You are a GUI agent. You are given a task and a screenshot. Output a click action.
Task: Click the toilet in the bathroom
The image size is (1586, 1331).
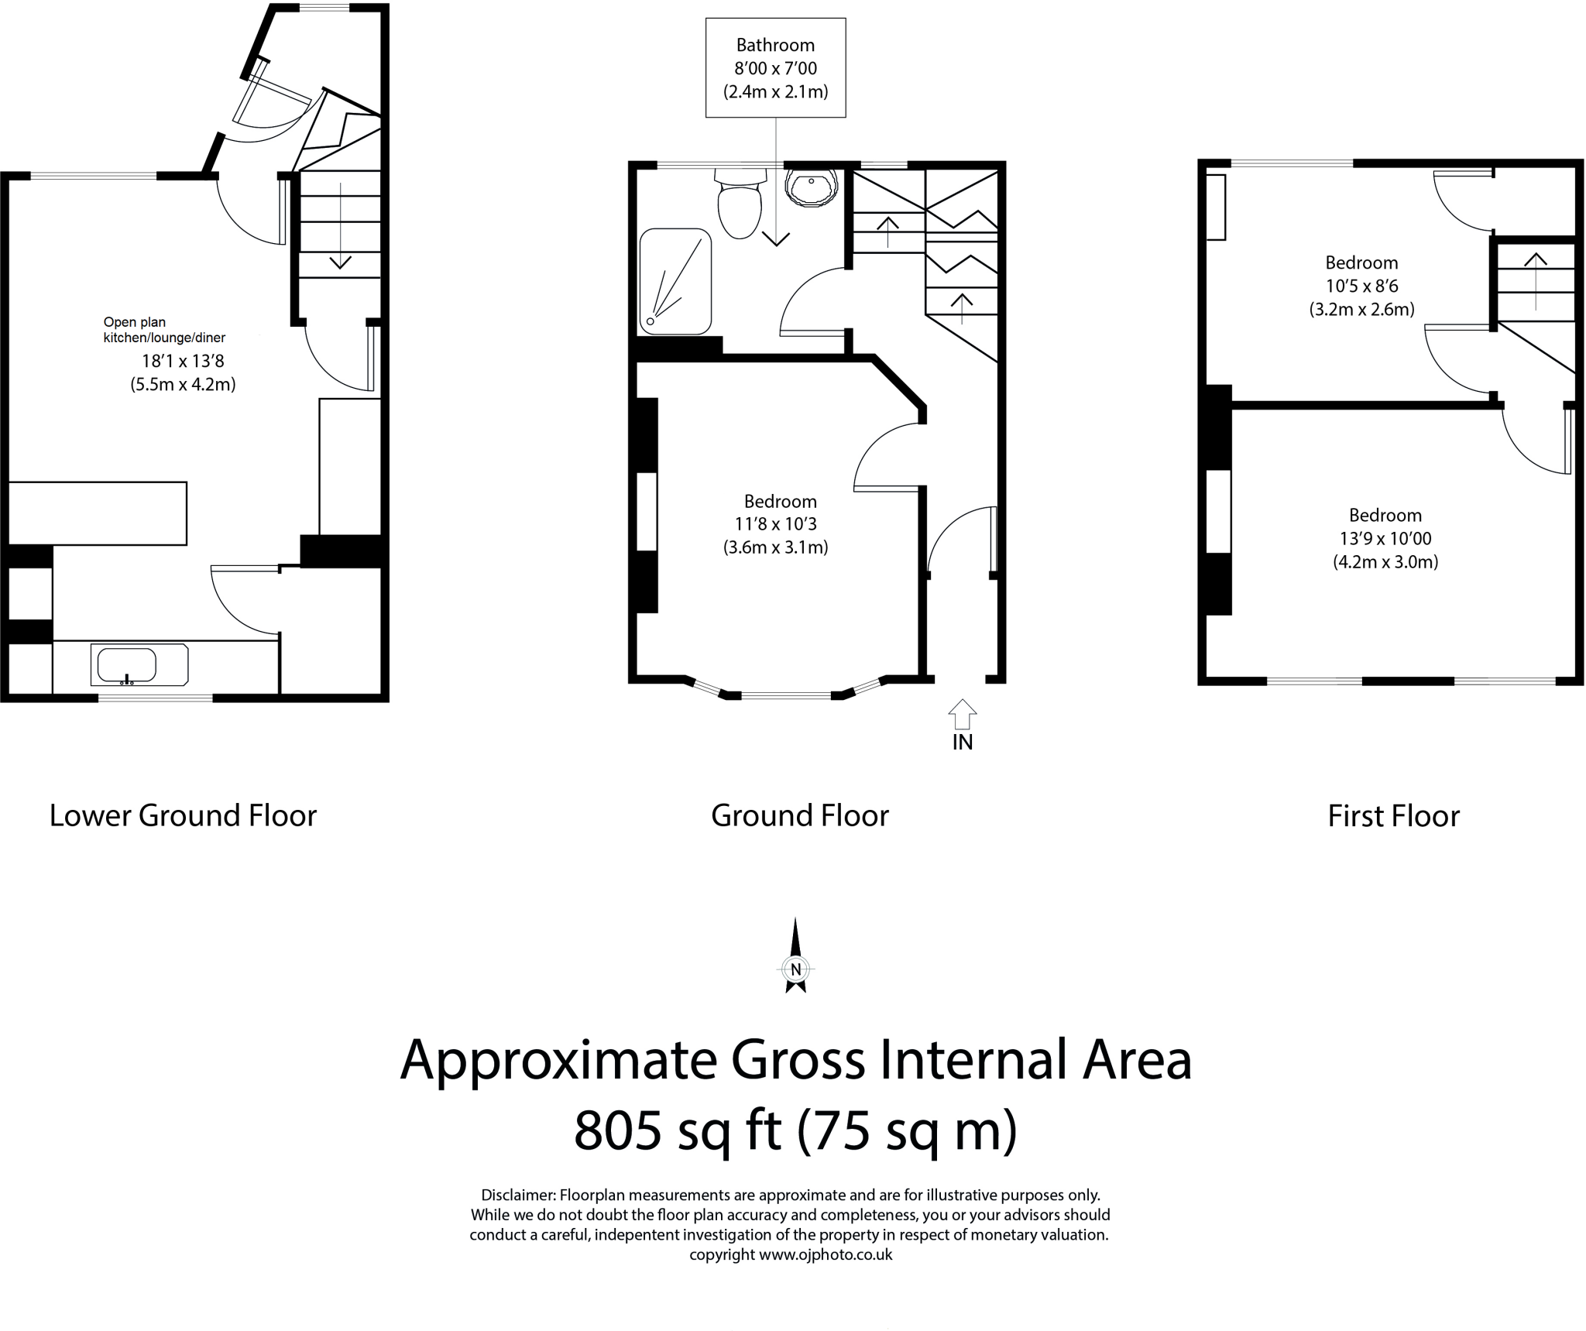tap(740, 203)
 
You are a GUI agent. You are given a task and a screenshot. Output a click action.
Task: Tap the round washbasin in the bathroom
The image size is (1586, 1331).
tap(811, 187)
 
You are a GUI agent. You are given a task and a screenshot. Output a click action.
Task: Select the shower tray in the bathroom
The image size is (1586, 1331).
tap(675, 281)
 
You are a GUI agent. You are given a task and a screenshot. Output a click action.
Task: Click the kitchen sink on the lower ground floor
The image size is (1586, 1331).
tap(139, 665)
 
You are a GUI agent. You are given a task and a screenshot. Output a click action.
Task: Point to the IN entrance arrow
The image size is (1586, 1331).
tap(962, 714)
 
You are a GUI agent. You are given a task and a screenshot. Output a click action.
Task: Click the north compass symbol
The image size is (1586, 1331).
tap(795, 955)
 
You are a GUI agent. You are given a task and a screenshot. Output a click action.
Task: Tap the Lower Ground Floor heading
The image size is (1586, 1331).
tap(184, 816)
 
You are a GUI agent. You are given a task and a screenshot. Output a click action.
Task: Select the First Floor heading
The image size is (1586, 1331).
tap(1393, 816)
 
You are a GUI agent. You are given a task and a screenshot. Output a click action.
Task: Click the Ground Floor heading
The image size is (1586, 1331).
tap(800, 816)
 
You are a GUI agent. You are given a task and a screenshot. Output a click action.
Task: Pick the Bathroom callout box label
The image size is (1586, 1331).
tap(775, 45)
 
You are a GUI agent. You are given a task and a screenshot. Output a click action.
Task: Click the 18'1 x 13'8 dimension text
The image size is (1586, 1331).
tap(183, 361)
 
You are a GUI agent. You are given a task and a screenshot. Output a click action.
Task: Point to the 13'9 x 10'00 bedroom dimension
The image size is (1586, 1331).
tap(1385, 539)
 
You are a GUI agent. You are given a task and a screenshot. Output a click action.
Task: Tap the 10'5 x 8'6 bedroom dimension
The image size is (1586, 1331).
tap(1361, 286)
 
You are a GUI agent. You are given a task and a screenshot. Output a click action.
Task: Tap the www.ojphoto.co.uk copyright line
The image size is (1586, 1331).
tap(791, 1254)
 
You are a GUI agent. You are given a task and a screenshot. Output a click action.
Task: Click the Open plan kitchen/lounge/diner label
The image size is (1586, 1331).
tap(164, 330)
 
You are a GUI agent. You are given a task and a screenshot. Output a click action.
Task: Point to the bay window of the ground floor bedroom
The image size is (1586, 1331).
tap(784, 689)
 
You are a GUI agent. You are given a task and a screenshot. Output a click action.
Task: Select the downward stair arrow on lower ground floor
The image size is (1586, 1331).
tap(340, 225)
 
